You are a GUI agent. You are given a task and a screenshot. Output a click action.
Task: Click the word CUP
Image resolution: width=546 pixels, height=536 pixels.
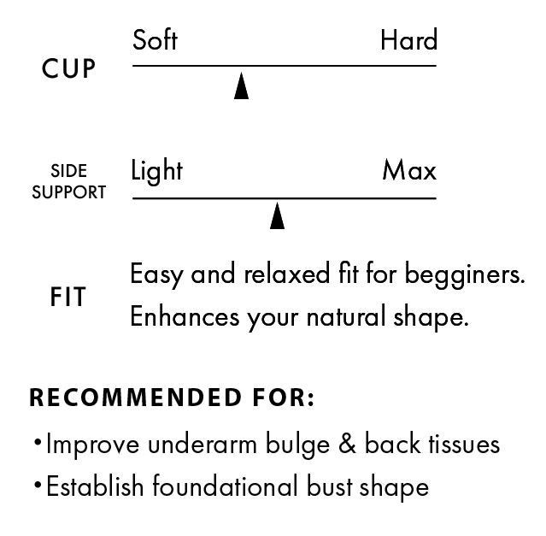pos(68,69)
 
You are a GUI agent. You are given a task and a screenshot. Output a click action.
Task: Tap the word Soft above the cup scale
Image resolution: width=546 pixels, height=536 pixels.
pos(155,40)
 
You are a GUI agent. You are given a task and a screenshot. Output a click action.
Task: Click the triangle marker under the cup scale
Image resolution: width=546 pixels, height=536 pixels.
pos(241,86)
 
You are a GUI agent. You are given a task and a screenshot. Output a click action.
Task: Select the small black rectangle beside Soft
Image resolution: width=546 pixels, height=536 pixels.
pos(408,38)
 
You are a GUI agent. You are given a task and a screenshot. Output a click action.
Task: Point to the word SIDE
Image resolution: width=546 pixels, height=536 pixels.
pos(68,172)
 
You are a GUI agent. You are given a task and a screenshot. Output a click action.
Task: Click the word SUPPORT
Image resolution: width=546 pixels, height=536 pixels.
pos(68,192)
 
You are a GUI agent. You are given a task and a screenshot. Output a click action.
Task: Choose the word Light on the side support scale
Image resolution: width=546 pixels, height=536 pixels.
pos(156,171)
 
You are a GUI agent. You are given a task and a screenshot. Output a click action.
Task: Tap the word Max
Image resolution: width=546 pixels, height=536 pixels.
pos(408,171)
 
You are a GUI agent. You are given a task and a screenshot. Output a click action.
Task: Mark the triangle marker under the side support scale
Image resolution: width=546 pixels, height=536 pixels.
pos(277,216)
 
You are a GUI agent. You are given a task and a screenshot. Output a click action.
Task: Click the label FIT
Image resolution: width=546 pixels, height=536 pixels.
pos(68,297)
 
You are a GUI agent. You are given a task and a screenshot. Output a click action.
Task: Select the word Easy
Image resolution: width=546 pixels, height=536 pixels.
pos(157,275)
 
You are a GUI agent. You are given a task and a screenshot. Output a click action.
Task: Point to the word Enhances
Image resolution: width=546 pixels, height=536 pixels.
pos(184,316)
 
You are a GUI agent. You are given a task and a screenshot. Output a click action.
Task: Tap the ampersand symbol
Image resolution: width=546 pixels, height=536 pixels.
pos(347,445)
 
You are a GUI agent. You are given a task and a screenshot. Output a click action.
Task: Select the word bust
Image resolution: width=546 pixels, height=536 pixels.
pos(332,487)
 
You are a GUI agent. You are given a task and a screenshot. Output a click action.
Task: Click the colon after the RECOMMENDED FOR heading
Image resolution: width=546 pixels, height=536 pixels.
pos(310,399)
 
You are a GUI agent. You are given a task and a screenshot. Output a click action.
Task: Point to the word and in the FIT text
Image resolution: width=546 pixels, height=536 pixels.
pos(213,274)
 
